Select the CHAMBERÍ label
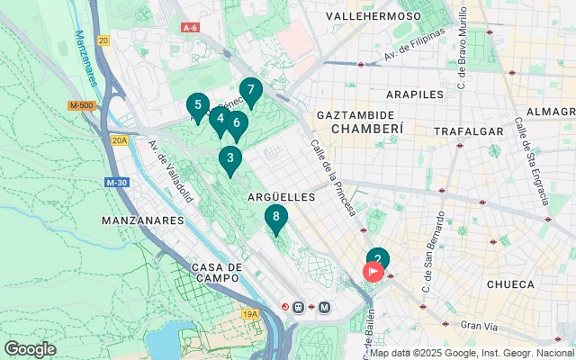[x=366, y=130]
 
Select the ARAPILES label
[x=415, y=94]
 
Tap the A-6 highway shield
[x=189, y=28]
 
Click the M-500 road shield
[x=80, y=106]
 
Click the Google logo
[x=30, y=348]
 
